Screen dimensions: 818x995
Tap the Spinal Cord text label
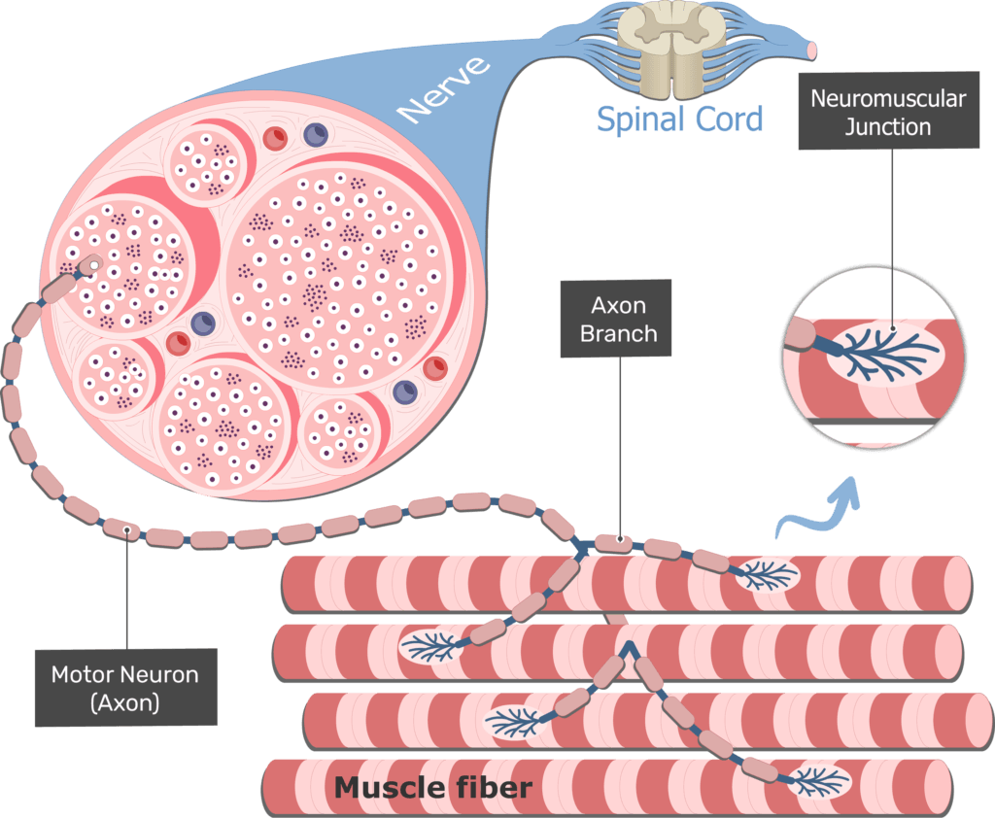click(679, 119)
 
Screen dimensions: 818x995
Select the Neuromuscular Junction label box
click(887, 113)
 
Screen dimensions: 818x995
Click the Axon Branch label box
click(618, 320)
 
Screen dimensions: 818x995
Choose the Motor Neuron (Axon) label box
click(124, 688)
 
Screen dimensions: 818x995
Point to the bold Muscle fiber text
click(432, 787)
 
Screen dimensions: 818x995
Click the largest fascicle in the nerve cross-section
click(337, 276)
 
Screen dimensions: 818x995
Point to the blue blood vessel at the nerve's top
click(316, 135)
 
